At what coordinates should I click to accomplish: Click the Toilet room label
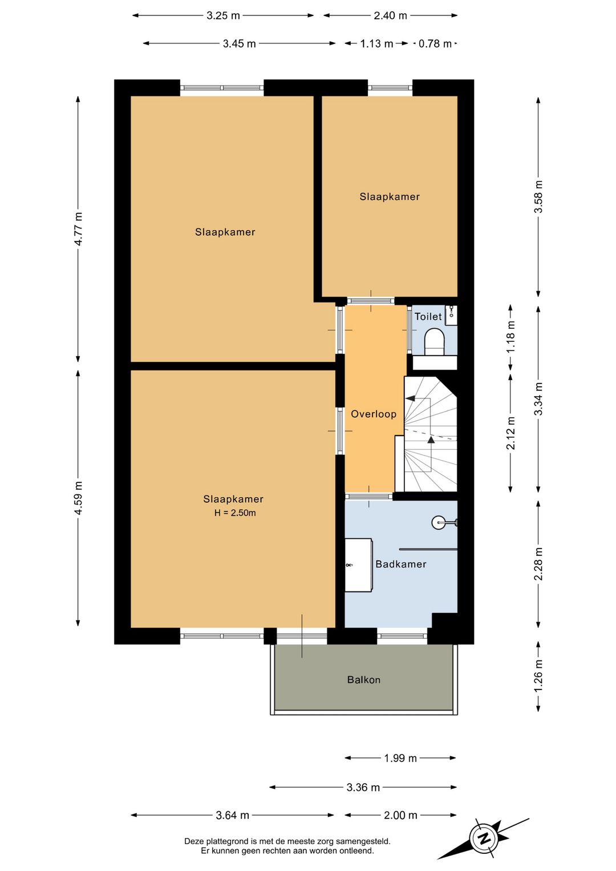(428, 317)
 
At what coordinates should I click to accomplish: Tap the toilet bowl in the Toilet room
(435, 342)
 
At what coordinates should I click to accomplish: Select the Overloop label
(374, 414)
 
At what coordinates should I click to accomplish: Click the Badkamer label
(401, 564)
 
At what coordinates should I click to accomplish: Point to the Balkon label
(364, 680)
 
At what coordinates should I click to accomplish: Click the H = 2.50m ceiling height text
(235, 513)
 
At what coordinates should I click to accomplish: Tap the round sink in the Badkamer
(440, 522)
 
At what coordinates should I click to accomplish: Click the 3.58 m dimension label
(538, 197)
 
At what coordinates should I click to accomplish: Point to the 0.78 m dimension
(435, 43)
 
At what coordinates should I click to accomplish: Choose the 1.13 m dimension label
(376, 43)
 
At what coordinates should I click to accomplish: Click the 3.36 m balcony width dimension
(363, 788)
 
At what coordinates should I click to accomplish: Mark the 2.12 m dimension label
(510, 433)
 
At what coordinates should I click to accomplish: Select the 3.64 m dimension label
(232, 816)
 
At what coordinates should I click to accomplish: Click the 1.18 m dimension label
(510, 336)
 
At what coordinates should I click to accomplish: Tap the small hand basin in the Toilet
(451, 315)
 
